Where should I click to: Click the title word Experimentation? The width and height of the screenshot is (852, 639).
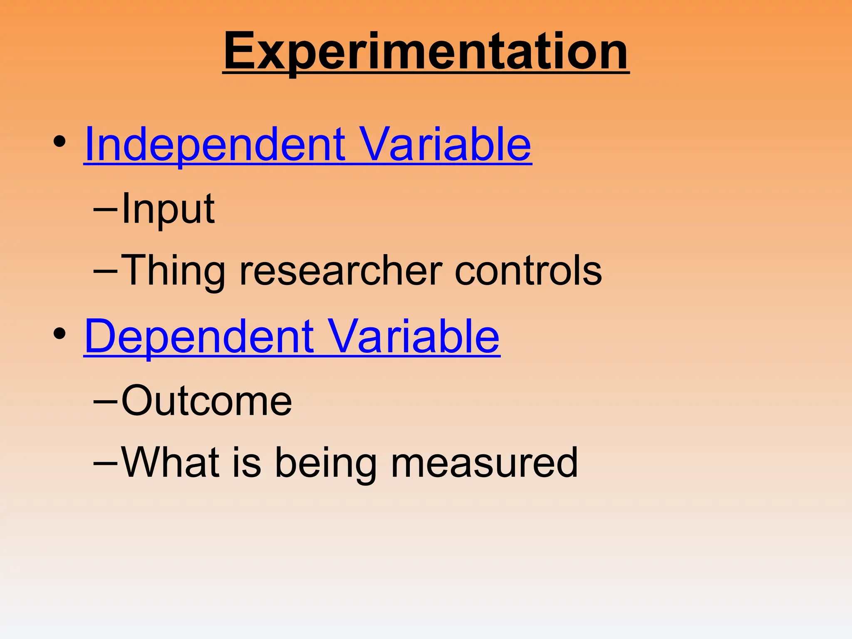point(426,52)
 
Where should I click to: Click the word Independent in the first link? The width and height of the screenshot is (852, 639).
point(215,144)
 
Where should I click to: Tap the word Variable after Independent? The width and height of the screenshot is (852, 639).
point(445,144)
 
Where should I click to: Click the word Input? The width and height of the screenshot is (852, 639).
point(168,209)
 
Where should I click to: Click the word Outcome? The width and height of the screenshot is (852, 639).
point(207,401)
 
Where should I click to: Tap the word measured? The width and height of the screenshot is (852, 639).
point(484,462)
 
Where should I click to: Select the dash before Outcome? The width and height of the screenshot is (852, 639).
point(105,402)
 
